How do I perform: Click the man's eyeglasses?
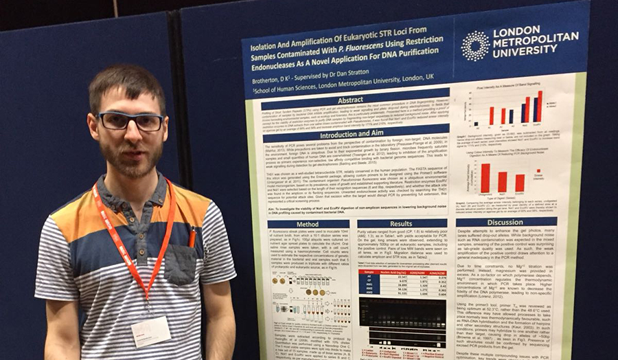130,122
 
